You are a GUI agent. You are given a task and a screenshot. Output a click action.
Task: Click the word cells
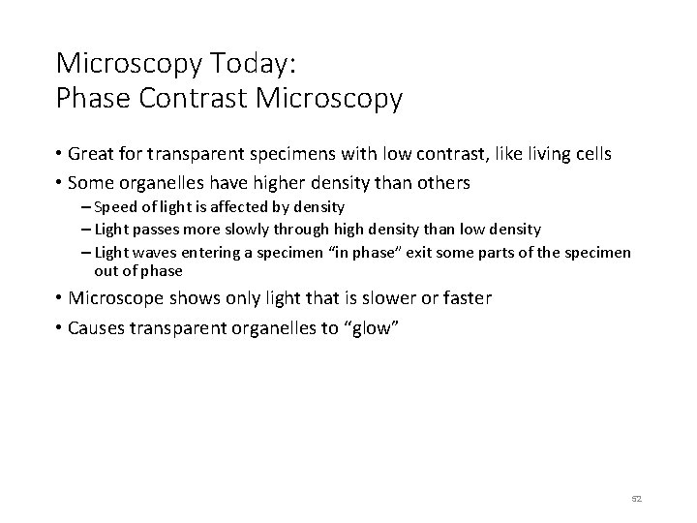[x=589, y=154]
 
